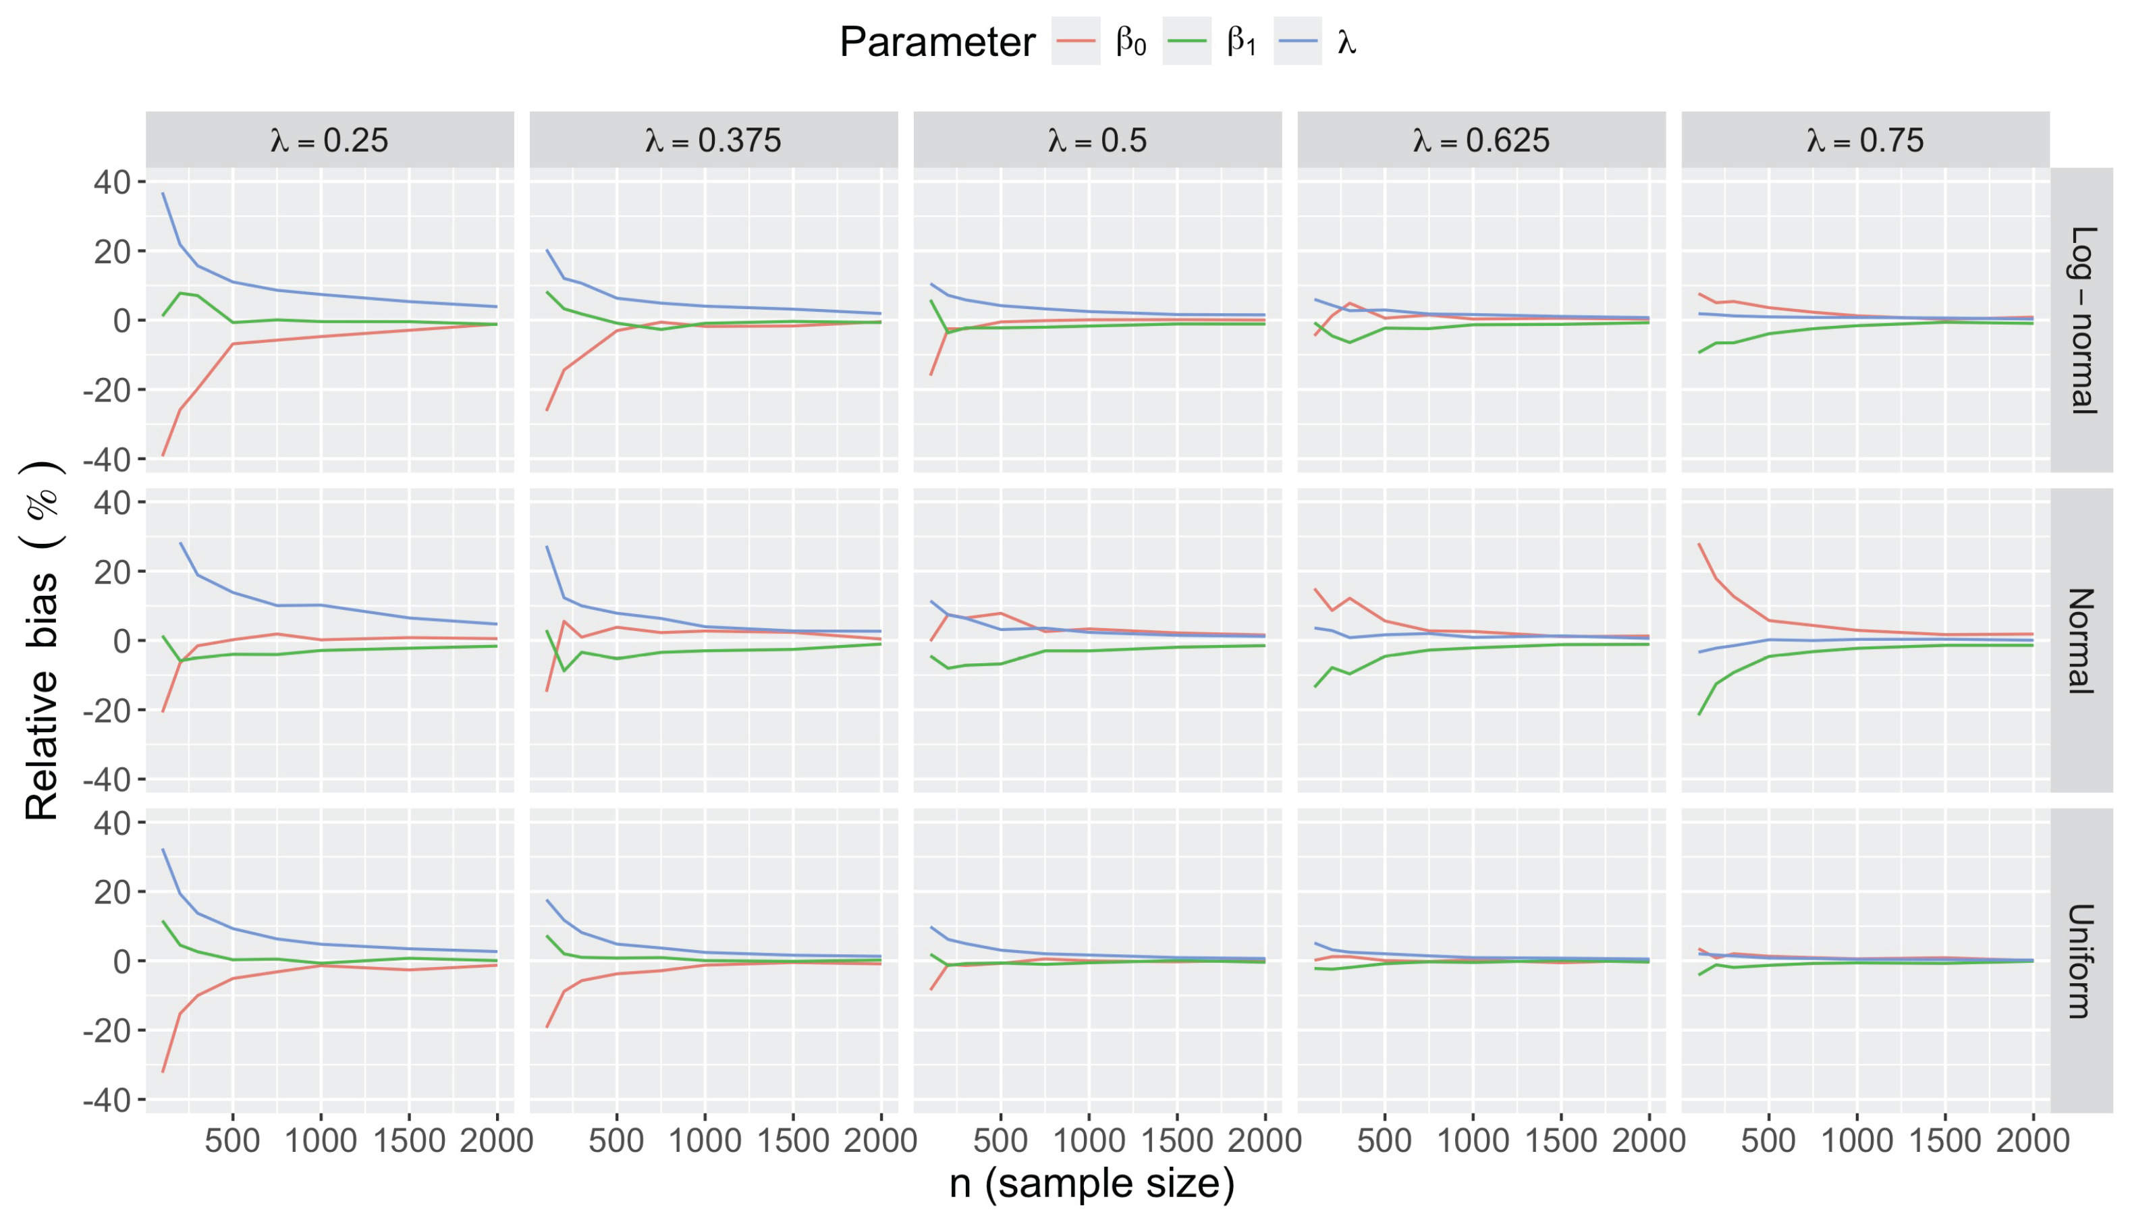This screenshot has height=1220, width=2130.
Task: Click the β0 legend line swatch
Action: click(1075, 41)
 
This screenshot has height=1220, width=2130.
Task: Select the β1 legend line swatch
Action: click(1186, 41)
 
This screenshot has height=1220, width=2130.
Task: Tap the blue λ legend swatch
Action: click(1297, 41)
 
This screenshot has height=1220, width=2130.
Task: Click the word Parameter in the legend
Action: click(937, 42)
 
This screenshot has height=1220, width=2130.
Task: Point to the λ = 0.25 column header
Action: click(329, 140)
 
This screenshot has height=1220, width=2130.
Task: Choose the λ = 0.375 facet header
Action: click(713, 140)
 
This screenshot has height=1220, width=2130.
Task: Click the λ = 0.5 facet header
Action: click(1097, 140)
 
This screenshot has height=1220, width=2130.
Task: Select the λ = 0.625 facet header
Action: click(1481, 140)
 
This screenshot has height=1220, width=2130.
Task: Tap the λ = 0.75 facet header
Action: click(1865, 140)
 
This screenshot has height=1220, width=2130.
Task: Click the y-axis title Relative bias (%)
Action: click(42, 641)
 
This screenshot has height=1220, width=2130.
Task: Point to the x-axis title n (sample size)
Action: click(1092, 1183)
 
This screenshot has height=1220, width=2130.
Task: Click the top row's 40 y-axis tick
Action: click(111, 182)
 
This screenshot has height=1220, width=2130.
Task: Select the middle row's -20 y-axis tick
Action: click(107, 711)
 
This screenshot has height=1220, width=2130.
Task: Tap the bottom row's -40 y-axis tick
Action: click(107, 1100)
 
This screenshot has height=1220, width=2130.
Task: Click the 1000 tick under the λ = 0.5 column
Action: click(1089, 1140)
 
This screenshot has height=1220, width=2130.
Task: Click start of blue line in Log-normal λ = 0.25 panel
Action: click(163, 194)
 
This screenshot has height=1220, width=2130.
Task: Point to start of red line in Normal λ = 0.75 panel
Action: click(1699, 544)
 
